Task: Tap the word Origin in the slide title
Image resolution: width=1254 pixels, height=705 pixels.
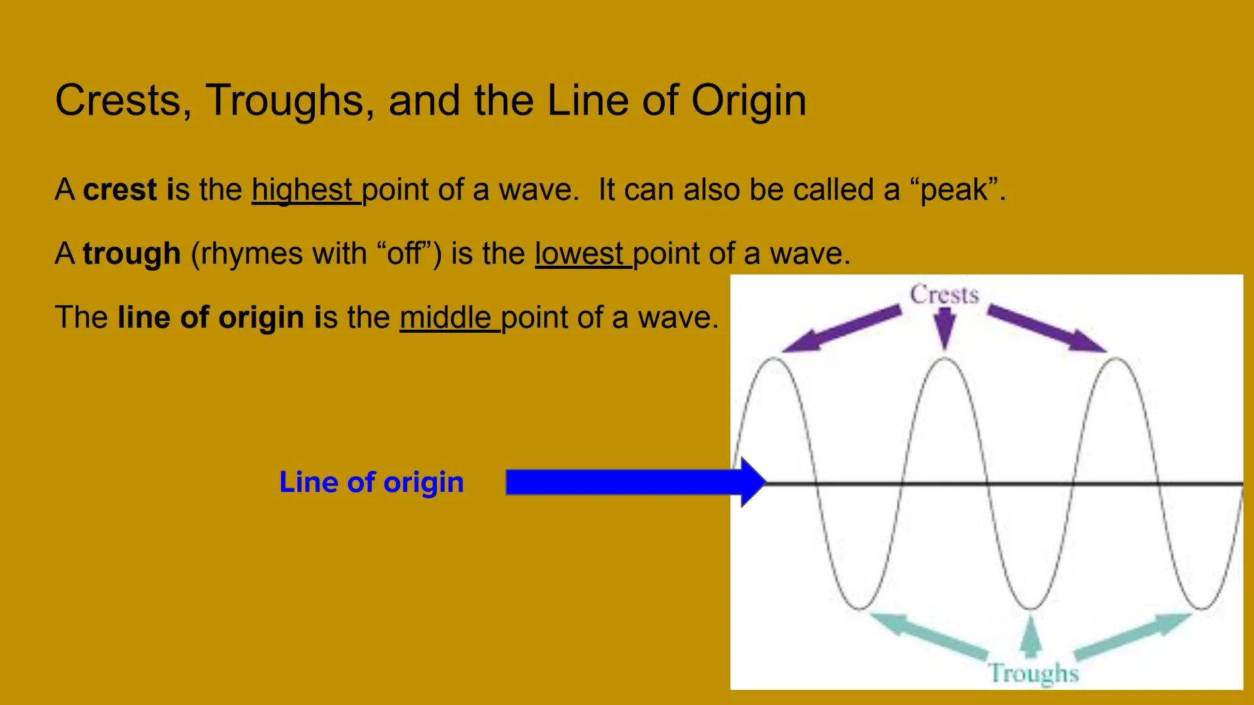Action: pos(748,101)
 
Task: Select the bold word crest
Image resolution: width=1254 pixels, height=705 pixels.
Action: pos(120,190)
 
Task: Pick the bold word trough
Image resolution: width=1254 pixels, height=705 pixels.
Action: pos(131,253)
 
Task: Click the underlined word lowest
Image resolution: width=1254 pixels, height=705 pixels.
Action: pos(579,253)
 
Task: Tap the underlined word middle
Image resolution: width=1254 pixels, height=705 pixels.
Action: pos(445,317)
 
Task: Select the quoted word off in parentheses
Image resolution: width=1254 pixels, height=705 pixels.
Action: pos(405,253)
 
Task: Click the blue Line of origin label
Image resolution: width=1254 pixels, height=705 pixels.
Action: pos(371,482)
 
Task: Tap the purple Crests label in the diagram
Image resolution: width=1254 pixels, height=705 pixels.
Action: pos(944,294)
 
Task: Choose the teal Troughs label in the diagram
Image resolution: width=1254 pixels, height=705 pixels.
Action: pos(1033,673)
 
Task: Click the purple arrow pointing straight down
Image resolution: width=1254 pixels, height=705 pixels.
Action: pos(944,328)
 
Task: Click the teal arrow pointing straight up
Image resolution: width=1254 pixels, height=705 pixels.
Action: pos(1031,636)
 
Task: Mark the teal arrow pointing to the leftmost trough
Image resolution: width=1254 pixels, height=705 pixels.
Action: pos(927,634)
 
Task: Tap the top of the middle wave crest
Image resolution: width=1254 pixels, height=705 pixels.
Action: pos(945,359)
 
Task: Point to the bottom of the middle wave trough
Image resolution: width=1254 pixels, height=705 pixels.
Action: pos(1031,608)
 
